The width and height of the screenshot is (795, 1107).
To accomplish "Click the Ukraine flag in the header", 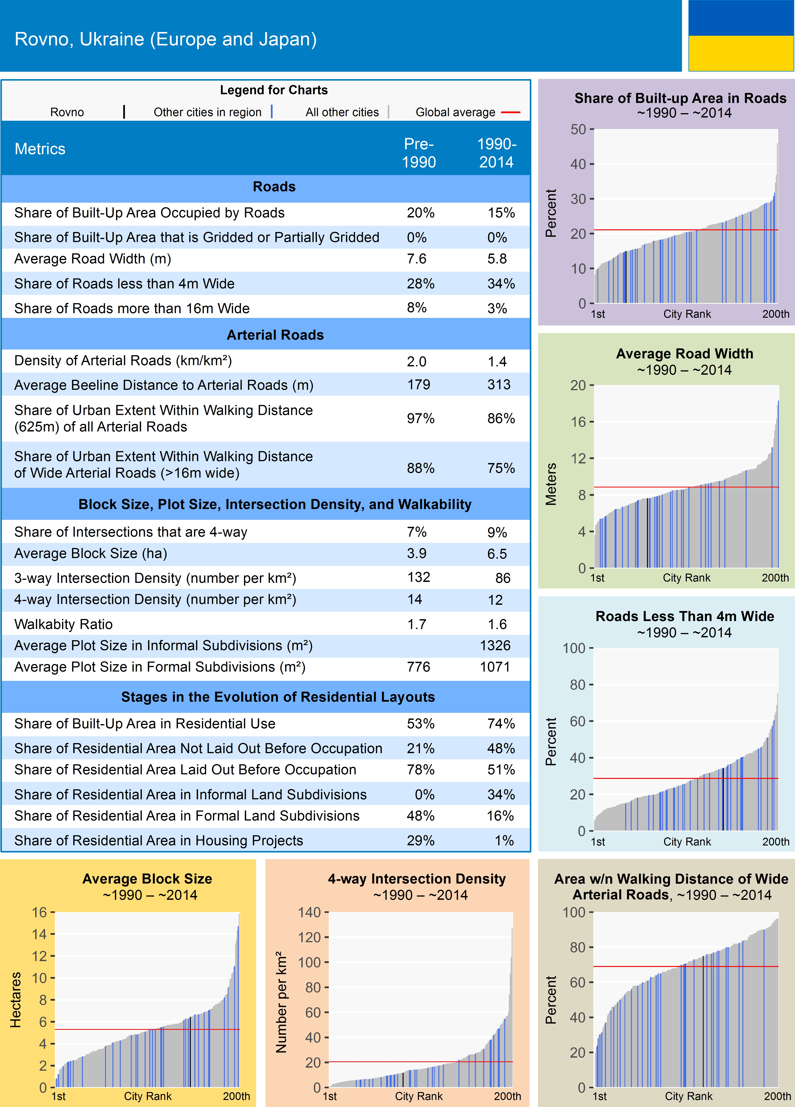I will point(741,36).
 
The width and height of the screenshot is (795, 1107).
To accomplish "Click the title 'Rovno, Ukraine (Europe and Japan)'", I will point(166,39).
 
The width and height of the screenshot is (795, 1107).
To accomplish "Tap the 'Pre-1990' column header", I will point(419,153).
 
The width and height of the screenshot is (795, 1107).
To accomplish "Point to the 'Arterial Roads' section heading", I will point(275,335).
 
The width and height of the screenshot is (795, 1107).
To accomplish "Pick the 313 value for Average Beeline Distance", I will point(499,385).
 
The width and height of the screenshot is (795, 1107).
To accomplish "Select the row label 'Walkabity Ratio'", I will point(63,624).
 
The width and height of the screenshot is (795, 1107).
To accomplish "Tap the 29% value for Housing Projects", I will point(420,841).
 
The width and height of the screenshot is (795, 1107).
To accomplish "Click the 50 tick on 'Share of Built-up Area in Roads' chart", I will point(578,129).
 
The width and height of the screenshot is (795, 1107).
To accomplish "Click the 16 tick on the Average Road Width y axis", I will point(578,422).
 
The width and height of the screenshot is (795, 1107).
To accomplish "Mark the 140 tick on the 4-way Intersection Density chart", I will point(309,912).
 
